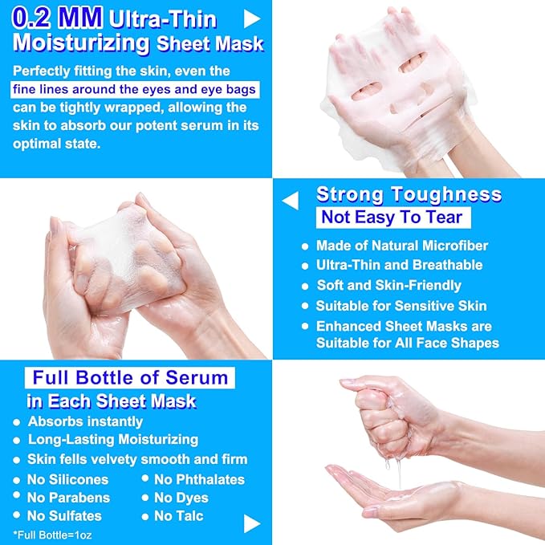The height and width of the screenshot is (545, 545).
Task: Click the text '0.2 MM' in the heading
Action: click(x=55, y=17)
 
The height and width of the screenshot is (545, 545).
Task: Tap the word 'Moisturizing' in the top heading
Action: click(x=82, y=43)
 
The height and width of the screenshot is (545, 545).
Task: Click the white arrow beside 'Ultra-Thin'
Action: click(x=252, y=18)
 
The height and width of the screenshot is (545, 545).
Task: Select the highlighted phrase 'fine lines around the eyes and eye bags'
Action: click(x=135, y=89)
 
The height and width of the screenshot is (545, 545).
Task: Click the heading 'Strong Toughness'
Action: click(x=409, y=194)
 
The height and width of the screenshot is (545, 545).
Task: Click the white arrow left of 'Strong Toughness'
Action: click(x=290, y=201)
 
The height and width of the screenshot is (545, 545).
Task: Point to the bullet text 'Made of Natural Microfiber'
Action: click(x=401, y=246)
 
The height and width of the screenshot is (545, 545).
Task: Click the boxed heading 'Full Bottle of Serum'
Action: click(x=130, y=377)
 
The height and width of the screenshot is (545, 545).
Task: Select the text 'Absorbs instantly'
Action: click(x=85, y=421)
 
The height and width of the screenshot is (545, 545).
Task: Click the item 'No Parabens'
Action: click(x=68, y=498)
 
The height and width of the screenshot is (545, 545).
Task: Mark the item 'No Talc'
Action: click(x=178, y=516)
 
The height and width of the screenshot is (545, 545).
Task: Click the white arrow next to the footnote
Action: click(x=252, y=523)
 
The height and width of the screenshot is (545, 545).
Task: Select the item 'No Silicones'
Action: click(x=67, y=479)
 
